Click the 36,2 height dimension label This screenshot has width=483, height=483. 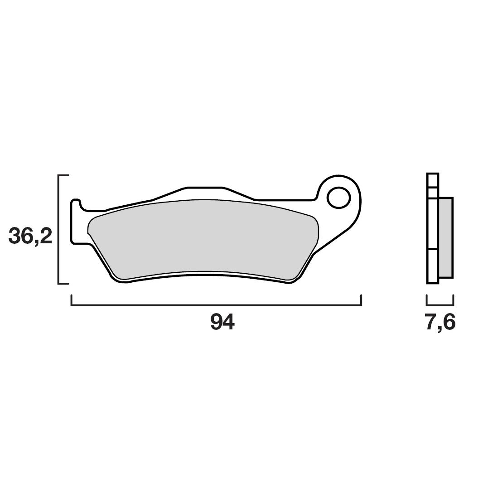click(30, 236)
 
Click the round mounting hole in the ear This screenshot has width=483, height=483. click(338, 198)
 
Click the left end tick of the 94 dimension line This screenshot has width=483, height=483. click(71, 300)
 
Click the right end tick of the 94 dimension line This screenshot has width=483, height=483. click(361, 300)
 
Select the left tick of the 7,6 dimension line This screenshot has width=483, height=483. click(427, 300)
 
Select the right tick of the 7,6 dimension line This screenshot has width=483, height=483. click(453, 300)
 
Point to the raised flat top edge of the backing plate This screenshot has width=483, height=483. click(205, 187)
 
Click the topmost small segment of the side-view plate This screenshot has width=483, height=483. click(433, 180)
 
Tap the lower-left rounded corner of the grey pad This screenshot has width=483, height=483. click(119, 274)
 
